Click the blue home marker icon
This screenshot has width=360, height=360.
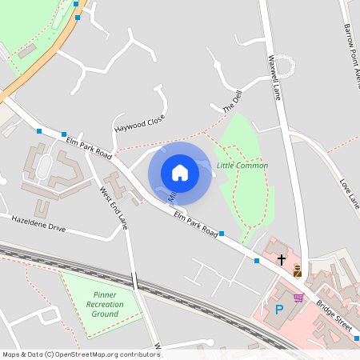point(180,172)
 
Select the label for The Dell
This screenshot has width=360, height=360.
point(231,102)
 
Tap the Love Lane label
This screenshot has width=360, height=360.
point(350,193)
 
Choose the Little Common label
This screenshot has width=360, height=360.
point(242,166)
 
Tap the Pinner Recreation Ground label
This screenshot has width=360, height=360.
point(105,305)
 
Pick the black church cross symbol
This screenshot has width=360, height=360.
point(282,259)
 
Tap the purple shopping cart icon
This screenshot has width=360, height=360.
point(298,298)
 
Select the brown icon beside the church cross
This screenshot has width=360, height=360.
point(298,270)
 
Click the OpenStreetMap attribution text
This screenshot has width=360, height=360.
point(81,354)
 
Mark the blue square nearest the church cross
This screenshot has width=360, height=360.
point(257,261)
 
